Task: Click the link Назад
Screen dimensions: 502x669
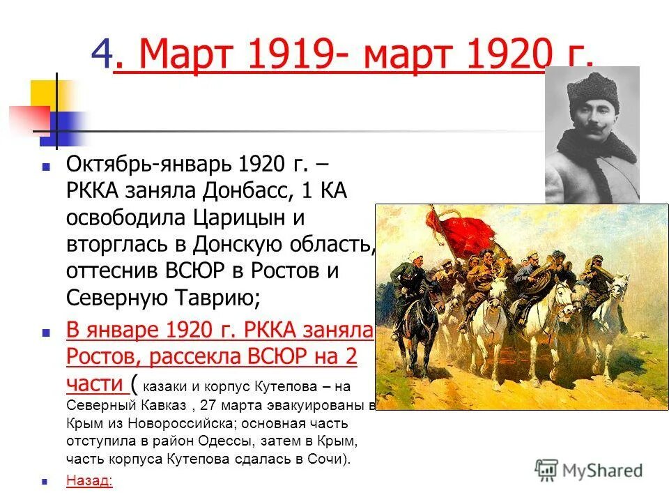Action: pos(89,480)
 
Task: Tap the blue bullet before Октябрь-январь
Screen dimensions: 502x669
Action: pos(46,168)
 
